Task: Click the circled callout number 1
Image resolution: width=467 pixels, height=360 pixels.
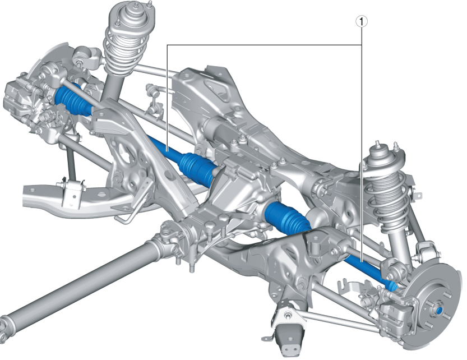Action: [x=363, y=22]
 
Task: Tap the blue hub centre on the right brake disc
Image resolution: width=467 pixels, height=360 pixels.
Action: [x=439, y=310]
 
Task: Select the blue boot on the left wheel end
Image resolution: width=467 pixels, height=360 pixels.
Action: [x=71, y=101]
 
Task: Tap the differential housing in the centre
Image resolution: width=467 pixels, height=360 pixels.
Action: [x=241, y=191]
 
